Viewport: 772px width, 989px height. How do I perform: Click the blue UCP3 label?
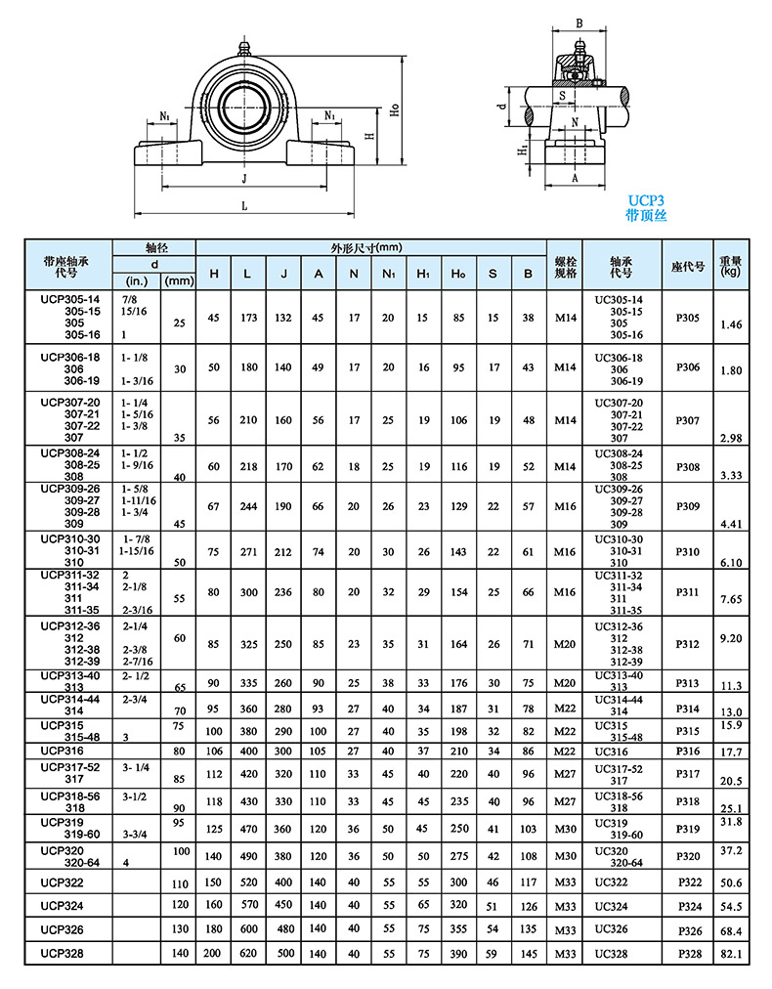(x=645, y=198)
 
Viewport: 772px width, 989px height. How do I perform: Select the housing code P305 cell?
(x=688, y=317)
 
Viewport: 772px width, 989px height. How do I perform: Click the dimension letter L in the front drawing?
(x=244, y=206)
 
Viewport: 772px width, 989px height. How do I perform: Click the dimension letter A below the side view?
(x=575, y=179)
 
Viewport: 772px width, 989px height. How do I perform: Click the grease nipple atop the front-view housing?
(x=242, y=46)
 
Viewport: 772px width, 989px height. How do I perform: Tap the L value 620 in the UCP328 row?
(x=247, y=952)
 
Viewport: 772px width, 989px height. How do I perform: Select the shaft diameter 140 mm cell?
(x=179, y=952)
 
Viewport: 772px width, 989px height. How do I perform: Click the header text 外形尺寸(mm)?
(x=367, y=247)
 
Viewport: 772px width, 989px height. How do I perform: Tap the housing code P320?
(x=688, y=857)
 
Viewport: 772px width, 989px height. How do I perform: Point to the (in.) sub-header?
(x=137, y=280)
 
